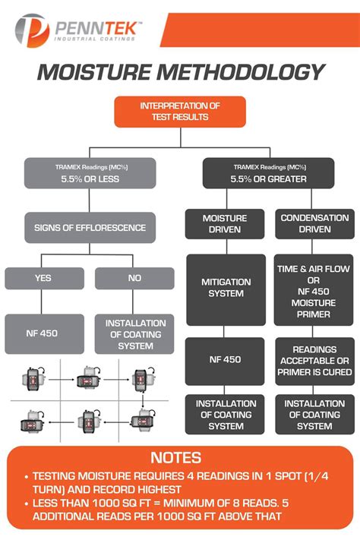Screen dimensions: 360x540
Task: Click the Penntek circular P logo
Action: (32, 30)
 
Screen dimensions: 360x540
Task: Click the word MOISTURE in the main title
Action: (93, 72)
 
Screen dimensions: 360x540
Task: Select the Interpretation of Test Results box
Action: (180, 112)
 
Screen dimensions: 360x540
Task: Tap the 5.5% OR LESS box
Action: (90, 173)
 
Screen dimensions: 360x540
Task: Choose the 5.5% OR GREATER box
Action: (268, 173)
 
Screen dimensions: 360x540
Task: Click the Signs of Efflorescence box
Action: (90, 228)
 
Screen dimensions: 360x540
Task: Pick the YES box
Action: (45, 278)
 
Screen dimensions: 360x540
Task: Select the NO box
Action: (134, 278)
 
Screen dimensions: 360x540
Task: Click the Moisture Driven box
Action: (225, 224)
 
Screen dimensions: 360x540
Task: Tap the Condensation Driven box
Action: (314, 224)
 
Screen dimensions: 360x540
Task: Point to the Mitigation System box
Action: (226, 290)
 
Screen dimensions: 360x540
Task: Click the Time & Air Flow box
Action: (314, 290)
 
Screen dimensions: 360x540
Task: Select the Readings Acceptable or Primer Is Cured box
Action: (314, 362)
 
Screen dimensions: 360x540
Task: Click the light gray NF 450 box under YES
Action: (45, 334)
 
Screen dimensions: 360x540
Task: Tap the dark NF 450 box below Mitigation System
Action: (225, 362)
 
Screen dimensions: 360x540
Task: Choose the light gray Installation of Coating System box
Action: (134, 334)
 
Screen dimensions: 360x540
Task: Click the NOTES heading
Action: (176, 458)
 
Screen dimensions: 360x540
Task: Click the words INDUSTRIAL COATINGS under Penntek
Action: (94, 39)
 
